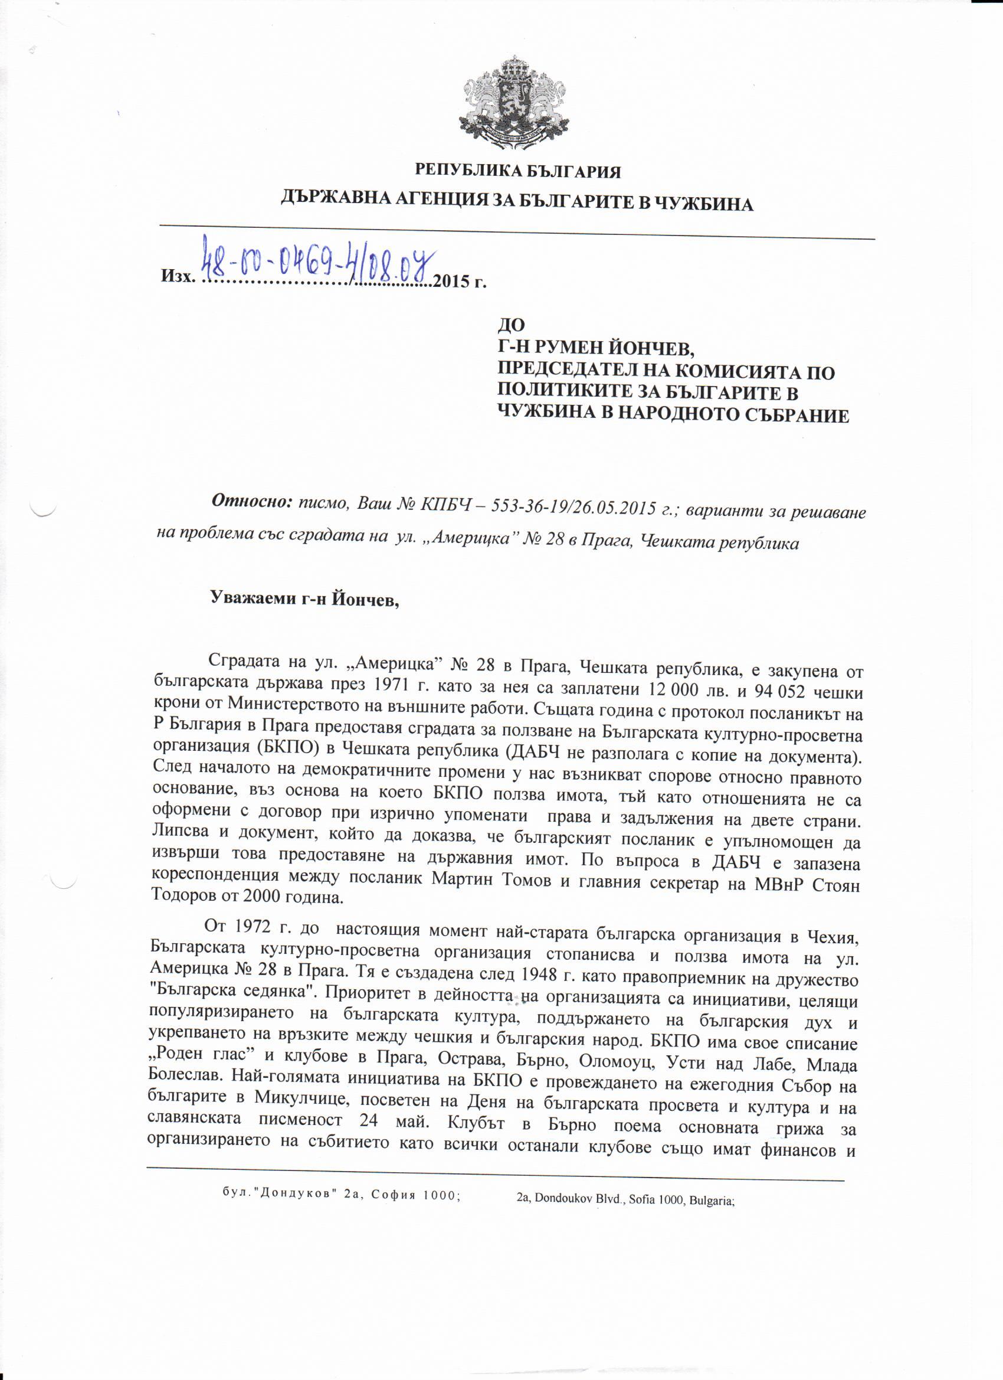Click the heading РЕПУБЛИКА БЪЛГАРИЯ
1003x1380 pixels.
coord(517,172)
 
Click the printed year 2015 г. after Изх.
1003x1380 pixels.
coord(459,281)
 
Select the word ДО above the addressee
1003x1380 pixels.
coord(511,325)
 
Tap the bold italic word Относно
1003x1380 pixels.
coord(251,501)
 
